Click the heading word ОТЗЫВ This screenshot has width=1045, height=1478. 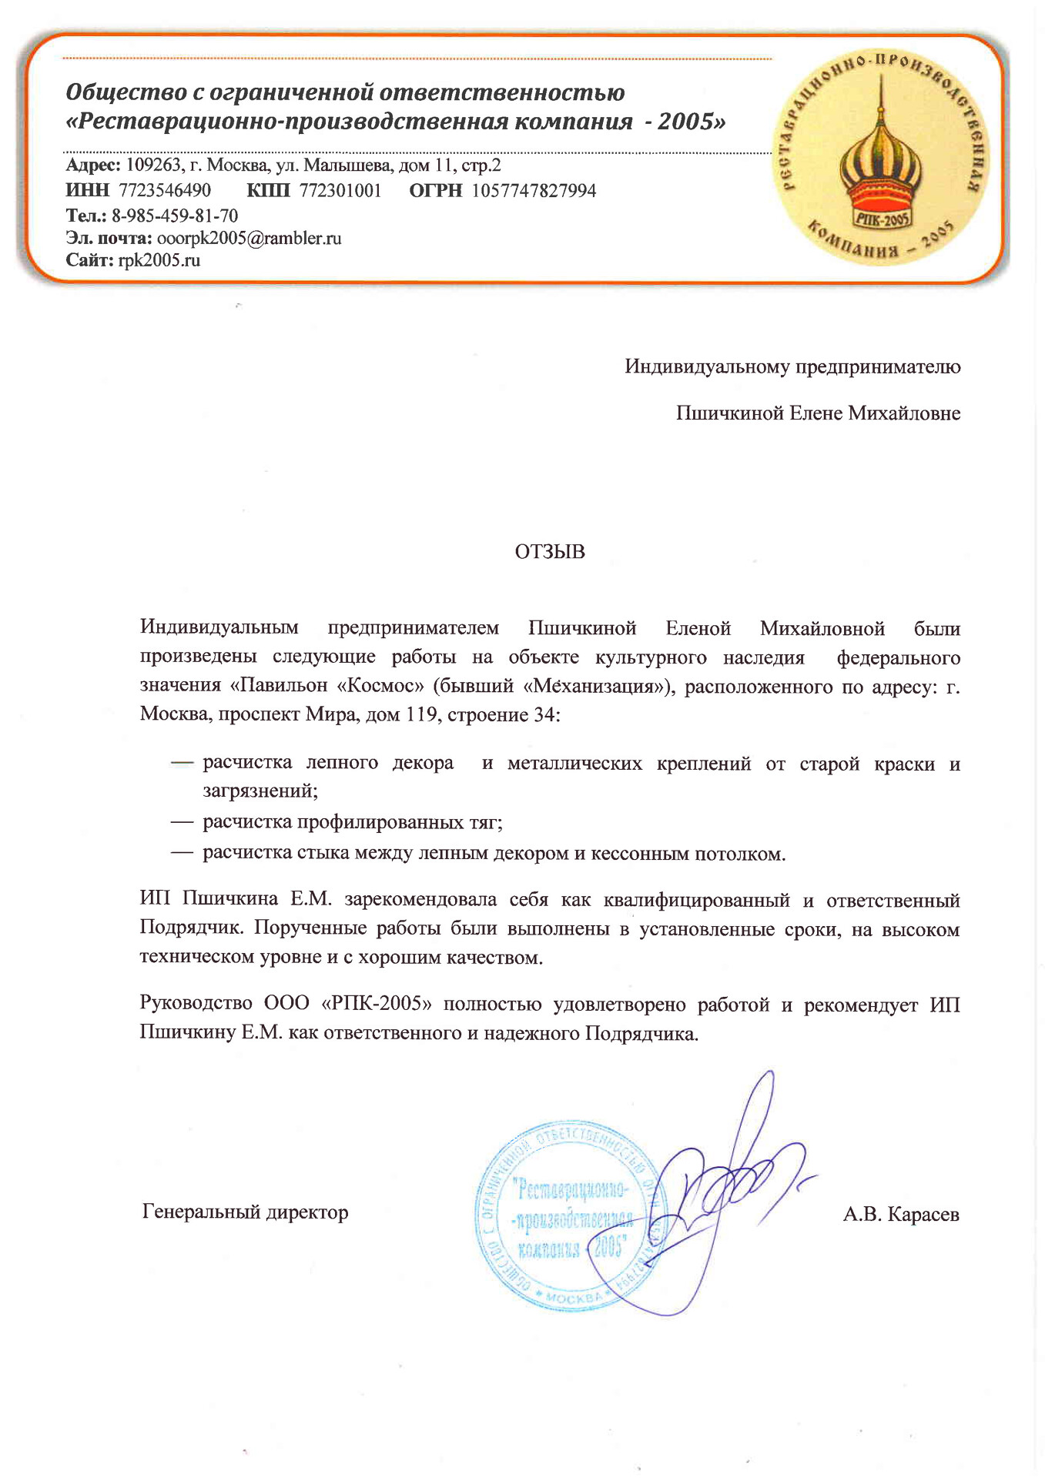[x=550, y=552]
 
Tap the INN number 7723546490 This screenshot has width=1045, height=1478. [x=165, y=191]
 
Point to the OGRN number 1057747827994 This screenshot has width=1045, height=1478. [x=534, y=191]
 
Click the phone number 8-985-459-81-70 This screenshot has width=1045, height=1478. [x=175, y=216]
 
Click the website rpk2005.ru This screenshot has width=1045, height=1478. [x=159, y=260]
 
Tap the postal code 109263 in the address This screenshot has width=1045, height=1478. [x=152, y=166]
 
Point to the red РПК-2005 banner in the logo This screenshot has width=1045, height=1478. [x=883, y=219]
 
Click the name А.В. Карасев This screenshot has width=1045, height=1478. [x=901, y=1215]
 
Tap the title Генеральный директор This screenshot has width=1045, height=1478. [x=246, y=1212]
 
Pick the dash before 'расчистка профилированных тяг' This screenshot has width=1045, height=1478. [x=182, y=822]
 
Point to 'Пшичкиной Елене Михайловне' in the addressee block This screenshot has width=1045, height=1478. [x=818, y=413]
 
